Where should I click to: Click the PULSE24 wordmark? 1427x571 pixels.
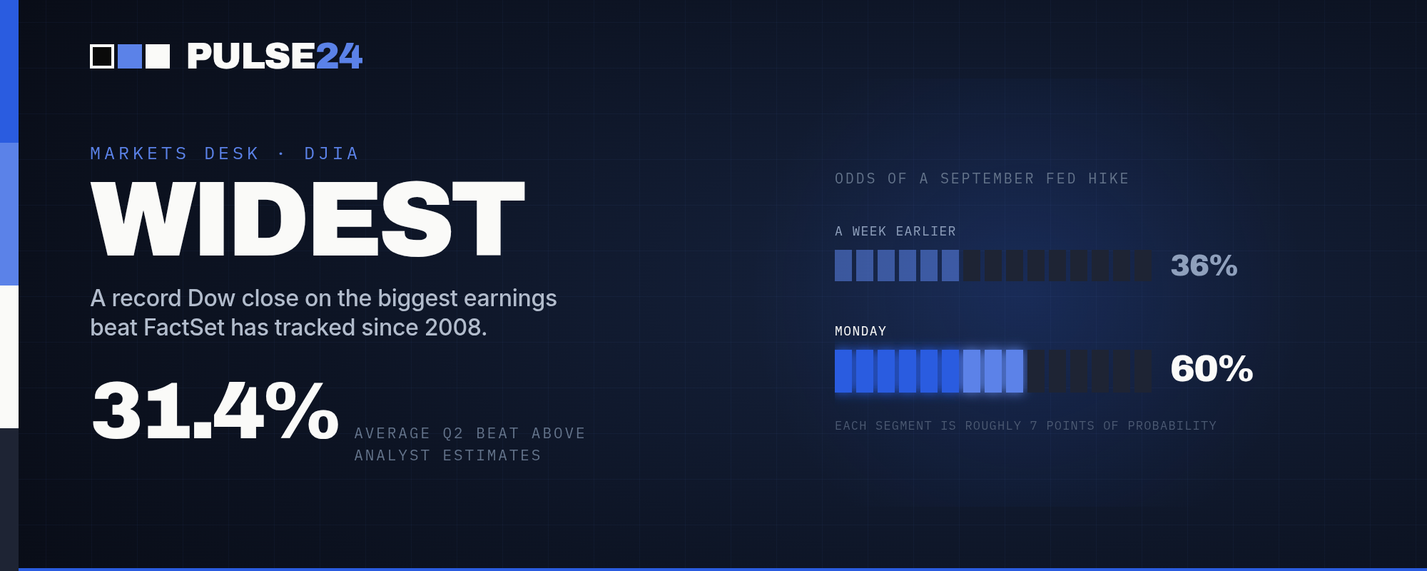[x=275, y=56]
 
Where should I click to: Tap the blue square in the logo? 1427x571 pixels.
[x=130, y=56]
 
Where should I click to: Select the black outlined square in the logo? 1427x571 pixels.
[x=102, y=56]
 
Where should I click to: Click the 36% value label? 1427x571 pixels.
[x=1204, y=266]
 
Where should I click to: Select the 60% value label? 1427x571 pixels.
[x=1212, y=369]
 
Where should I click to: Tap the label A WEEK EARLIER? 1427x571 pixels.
[x=895, y=231]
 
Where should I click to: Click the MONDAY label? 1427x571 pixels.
[x=860, y=331]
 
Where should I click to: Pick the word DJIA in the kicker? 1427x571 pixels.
[x=332, y=153]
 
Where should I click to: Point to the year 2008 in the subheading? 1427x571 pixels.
[x=455, y=327]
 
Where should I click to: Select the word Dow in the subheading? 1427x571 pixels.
[x=211, y=298]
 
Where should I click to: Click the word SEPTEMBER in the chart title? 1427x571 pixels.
[x=987, y=178]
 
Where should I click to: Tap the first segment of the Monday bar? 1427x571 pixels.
[x=843, y=371]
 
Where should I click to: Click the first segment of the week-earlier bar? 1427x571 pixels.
[x=843, y=266]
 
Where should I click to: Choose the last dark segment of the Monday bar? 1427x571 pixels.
[x=1143, y=371]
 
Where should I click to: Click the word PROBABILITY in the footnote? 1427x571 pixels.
[x=1172, y=425]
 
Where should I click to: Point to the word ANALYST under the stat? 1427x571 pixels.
[x=392, y=455]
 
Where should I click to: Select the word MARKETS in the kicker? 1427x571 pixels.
[x=139, y=153]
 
